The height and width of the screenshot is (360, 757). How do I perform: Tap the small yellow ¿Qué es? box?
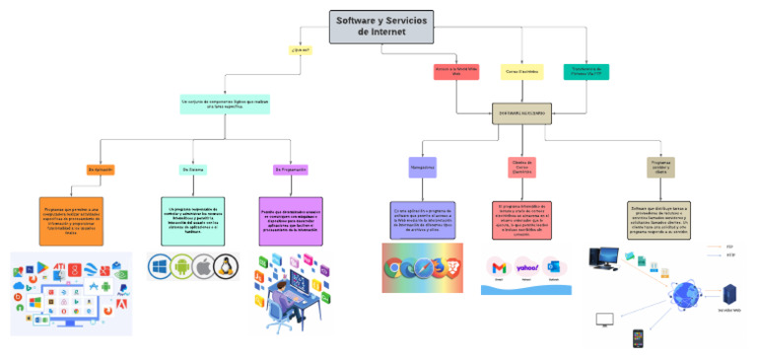click(x=300, y=49)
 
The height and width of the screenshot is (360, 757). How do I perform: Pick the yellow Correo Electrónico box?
click(x=521, y=71)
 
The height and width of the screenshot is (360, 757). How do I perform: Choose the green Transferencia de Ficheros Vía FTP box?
click(x=585, y=71)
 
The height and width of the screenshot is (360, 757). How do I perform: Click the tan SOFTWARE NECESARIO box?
click(x=521, y=113)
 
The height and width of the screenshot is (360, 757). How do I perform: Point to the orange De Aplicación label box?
click(x=101, y=170)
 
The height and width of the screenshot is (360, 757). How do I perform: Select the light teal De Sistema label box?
click(x=193, y=170)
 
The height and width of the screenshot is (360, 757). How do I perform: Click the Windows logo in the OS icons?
click(x=161, y=266)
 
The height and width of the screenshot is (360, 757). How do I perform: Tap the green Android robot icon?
click(x=182, y=266)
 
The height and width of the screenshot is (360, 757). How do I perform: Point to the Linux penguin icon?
click(x=226, y=266)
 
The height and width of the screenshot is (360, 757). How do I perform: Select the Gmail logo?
click(x=500, y=268)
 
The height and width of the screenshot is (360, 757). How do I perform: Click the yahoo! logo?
click(x=527, y=267)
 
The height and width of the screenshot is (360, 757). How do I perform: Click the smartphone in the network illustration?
click(x=638, y=337)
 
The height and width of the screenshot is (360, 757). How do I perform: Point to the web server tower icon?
click(x=730, y=293)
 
